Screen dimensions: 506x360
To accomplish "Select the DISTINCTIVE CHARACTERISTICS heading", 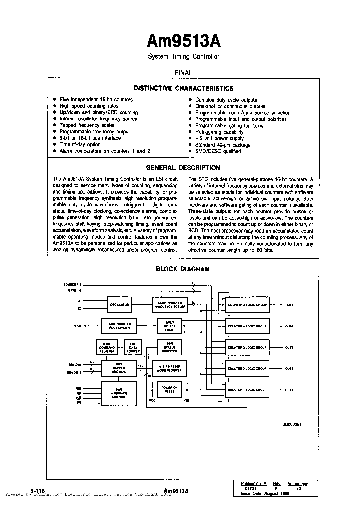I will pyautogui.click(x=183, y=88).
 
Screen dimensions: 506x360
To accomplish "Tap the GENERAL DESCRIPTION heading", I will pyautogui.click(x=183, y=168).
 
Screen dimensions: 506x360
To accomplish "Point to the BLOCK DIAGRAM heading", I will pyautogui.click(x=183, y=269).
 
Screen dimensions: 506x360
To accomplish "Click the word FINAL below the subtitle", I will pyautogui.click(x=183, y=72).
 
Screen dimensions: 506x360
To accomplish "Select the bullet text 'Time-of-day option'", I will pyautogui.click(x=80, y=144).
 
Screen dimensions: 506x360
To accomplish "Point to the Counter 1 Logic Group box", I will pyautogui.click(x=247, y=389).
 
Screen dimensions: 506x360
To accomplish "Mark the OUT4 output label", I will pyautogui.click(x=289, y=326).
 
